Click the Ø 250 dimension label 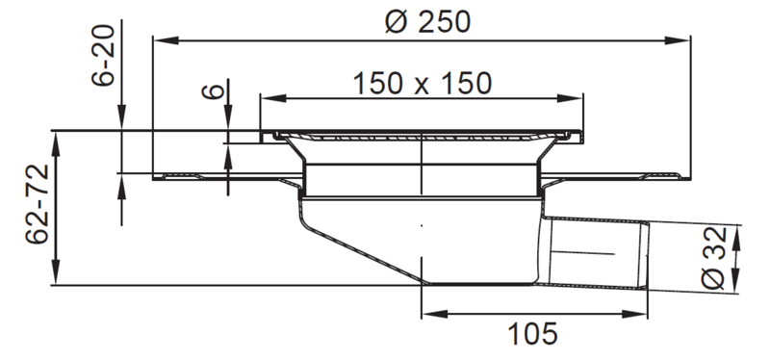click(427, 21)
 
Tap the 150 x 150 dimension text click(423, 84)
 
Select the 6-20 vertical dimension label click(104, 55)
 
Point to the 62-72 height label click(38, 204)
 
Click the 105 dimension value click(532, 334)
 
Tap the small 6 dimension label click(214, 91)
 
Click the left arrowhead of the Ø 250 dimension click(166, 40)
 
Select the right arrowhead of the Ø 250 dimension click(678, 40)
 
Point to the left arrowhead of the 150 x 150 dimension click(273, 98)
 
